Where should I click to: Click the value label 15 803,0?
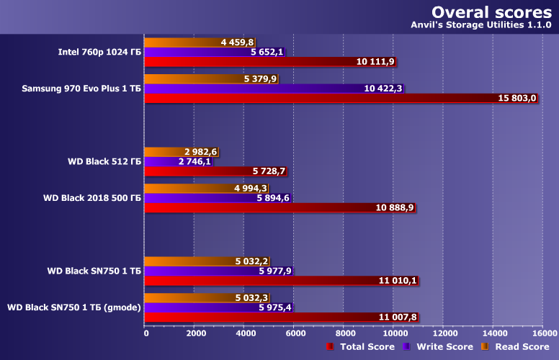tap(517, 99)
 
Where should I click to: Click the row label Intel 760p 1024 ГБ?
tap(99, 52)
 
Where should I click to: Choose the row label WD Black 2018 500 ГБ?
tap(92, 197)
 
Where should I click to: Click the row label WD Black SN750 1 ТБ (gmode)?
tap(74, 307)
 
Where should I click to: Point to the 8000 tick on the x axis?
tap(344, 333)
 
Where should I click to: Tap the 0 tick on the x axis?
tap(146, 333)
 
